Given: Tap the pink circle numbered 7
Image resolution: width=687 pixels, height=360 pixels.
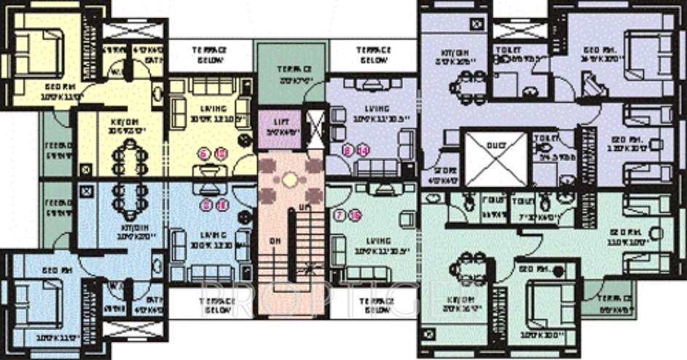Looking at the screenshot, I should [339, 215].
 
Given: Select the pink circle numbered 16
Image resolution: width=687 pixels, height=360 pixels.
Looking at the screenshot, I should [355, 215].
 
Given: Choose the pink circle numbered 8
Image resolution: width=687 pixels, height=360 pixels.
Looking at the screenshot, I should [348, 150].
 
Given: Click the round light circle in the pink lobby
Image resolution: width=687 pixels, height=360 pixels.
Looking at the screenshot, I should [290, 178].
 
